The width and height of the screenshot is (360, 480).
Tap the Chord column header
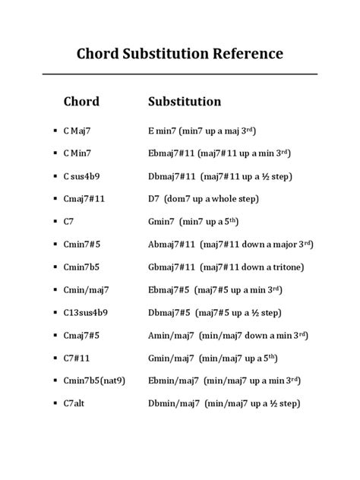click(81, 101)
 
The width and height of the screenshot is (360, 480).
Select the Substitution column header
click(185, 101)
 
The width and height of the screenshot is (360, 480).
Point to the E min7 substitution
click(165, 131)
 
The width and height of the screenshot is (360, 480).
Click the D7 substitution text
click(156, 199)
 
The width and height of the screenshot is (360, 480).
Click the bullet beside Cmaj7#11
click(55, 199)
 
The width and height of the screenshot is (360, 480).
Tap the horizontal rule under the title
click(179, 74)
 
